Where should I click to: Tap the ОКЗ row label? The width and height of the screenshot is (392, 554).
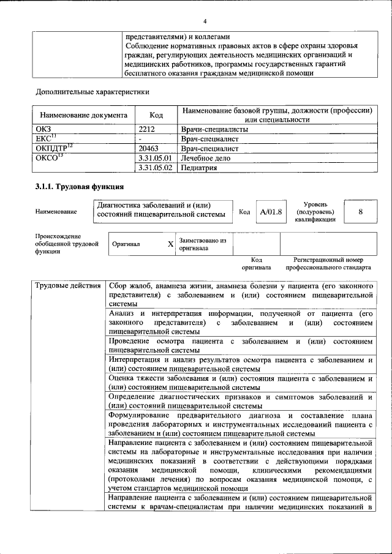(45, 130)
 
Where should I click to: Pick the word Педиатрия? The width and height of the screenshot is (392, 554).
(199, 167)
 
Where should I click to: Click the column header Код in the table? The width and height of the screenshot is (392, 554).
(156, 114)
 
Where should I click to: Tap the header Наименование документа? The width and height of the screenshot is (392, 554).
(83, 114)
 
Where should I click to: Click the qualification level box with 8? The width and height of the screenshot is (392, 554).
(361, 211)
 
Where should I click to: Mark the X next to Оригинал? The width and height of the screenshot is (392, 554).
(170, 244)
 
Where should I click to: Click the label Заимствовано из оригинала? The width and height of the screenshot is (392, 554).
(202, 245)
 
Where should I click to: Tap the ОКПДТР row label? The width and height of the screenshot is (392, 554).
(55, 148)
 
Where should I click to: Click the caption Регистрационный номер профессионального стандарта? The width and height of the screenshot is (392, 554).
(331, 264)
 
